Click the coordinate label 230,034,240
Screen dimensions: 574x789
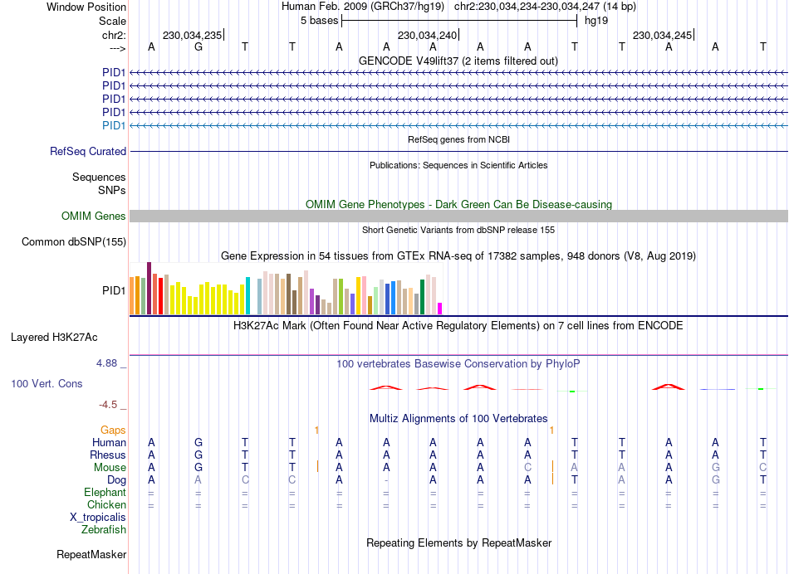[427, 36]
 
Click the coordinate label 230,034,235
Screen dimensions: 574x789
[192, 36]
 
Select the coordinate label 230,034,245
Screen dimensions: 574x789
[662, 36]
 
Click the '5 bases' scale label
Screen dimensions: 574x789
[319, 20]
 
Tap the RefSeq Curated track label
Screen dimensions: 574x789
[88, 152]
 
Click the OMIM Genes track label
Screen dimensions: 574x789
[94, 216]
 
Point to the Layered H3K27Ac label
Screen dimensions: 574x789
[54, 338]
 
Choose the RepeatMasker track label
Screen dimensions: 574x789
[91, 554]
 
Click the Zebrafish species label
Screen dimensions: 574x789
[104, 529]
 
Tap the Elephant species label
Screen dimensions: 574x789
[105, 493]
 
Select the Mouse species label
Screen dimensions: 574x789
[110, 468]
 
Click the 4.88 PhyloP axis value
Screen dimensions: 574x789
[108, 363]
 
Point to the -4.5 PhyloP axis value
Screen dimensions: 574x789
[110, 405]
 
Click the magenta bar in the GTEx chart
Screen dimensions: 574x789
[440, 309]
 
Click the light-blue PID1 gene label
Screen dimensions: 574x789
[114, 125]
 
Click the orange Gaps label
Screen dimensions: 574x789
[113, 430]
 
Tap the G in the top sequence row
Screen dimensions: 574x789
[198, 46]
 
